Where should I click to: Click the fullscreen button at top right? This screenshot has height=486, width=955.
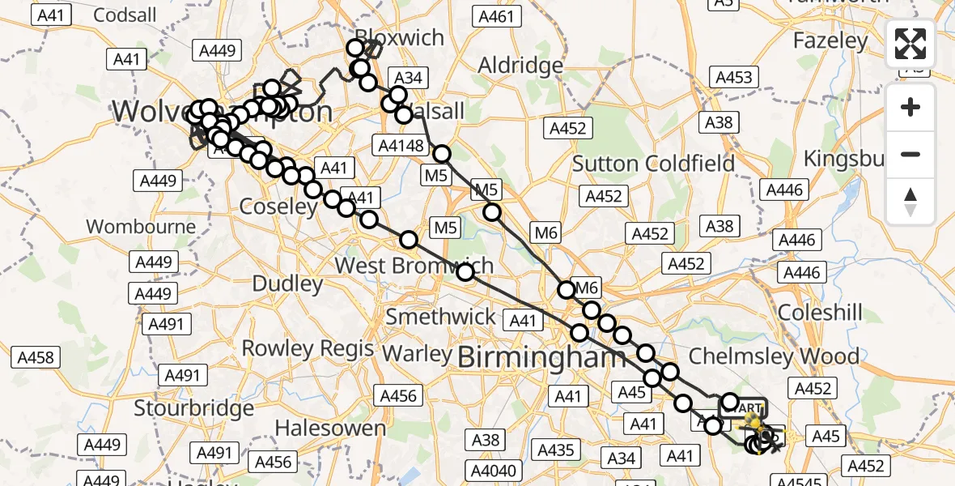tap(911, 44)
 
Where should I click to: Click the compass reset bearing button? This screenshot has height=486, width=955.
tap(911, 201)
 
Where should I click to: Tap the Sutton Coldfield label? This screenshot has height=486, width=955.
tap(653, 164)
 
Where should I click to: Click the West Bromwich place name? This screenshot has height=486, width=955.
tap(414, 265)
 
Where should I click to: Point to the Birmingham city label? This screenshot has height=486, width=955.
tap(541, 356)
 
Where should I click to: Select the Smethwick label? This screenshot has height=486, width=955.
tap(440, 317)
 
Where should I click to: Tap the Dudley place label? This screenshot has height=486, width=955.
tap(287, 283)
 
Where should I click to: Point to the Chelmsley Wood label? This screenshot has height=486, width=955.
tap(774, 356)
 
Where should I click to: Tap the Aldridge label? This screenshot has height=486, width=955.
tap(520, 65)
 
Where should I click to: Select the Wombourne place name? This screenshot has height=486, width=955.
tap(141, 226)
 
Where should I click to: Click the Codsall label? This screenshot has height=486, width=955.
tap(125, 15)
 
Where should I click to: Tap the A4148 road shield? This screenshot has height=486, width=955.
tap(401, 146)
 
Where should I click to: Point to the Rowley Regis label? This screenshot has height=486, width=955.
tap(308, 349)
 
